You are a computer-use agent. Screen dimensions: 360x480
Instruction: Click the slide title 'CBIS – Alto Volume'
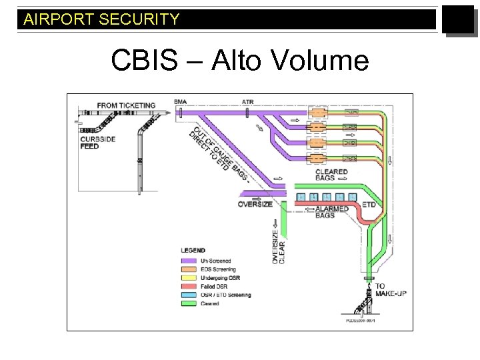pos(239,61)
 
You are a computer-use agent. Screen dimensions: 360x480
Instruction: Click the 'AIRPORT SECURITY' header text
pos(101,19)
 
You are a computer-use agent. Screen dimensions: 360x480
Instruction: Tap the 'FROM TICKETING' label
pos(126,105)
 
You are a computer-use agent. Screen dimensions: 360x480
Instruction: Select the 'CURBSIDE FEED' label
pos(89,142)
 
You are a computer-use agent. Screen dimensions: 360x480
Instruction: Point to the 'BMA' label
pos(180,102)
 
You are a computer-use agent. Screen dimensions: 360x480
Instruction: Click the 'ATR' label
pos(247,102)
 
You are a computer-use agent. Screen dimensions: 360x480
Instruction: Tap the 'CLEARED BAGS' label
pos(331,175)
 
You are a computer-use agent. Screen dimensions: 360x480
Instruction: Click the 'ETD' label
pos(369,205)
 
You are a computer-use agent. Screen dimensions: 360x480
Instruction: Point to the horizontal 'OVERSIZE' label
pos(255,205)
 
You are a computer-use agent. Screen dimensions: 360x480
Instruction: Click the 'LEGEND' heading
pos(193,251)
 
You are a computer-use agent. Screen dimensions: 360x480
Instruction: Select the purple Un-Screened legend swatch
pos(189,260)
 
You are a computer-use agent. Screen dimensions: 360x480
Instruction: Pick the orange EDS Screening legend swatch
pos(189,269)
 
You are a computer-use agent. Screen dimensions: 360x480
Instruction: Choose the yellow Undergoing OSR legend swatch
pos(189,277)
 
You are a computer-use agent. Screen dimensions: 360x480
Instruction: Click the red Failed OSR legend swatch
pos(189,286)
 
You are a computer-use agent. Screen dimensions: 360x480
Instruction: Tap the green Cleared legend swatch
pos(189,303)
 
